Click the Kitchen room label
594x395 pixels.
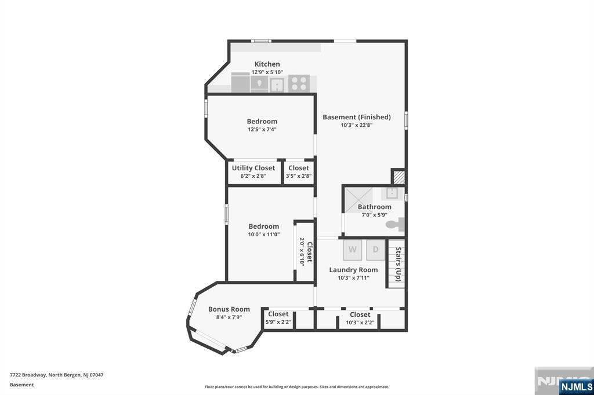(267, 64)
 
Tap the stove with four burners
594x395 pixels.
(299, 83)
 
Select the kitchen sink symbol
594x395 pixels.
(278, 84)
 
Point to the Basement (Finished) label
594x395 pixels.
(357, 118)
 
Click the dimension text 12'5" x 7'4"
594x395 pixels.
(262, 129)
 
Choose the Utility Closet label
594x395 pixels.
(253, 168)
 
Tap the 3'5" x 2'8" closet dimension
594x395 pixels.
(299, 176)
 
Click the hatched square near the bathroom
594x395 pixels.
(398, 177)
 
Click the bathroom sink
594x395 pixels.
(392, 193)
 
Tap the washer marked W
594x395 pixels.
(352, 250)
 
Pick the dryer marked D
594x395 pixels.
(375, 250)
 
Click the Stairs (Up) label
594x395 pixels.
(398, 264)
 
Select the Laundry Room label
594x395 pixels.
(353, 270)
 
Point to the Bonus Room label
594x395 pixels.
(229, 309)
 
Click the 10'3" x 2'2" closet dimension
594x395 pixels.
(360, 323)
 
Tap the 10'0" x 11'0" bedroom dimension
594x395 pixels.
(264, 235)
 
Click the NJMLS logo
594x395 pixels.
(576, 387)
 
